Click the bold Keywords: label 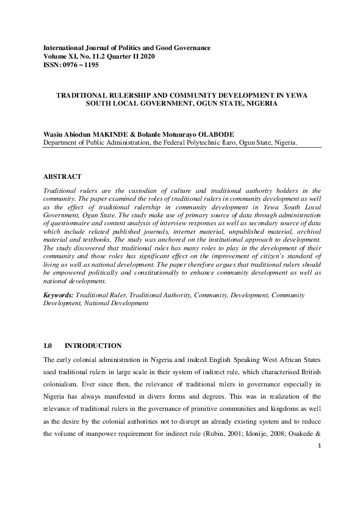point(59,295)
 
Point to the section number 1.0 point(48,346)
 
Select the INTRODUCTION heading point(93,346)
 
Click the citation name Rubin point(236,435)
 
